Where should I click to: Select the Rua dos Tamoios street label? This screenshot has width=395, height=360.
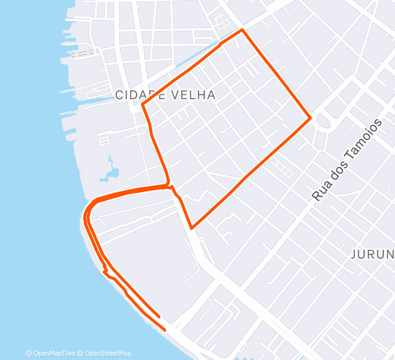pyautogui.click(x=348, y=160)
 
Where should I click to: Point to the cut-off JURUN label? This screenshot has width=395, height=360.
pyautogui.click(x=373, y=254)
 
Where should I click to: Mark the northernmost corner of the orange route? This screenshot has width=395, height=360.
pyautogui.click(x=242, y=30)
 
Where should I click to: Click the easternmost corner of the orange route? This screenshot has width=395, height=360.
pyautogui.click(x=311, y=118)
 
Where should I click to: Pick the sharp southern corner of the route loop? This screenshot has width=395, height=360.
pyautogui.click(x=191, y=228)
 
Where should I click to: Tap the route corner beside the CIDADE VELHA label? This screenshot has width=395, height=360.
pyautogui.click(x=142, y=104)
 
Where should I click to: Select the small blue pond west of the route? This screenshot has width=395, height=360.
pyautogui.click(x=113, y=172)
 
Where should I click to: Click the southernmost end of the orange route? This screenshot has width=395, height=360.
pyautogui.click(x=165, y=330)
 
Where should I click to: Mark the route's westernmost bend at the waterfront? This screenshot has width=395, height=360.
pyautogui.click(x=85, y=219)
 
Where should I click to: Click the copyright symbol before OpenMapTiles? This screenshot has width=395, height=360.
pyautogui.click(x=28, y=353)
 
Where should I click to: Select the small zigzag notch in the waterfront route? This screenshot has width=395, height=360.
pyautogui.click(x=105, y=269)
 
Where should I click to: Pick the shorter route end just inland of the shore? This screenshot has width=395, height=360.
pyautogui.click(x=159, y=317)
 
